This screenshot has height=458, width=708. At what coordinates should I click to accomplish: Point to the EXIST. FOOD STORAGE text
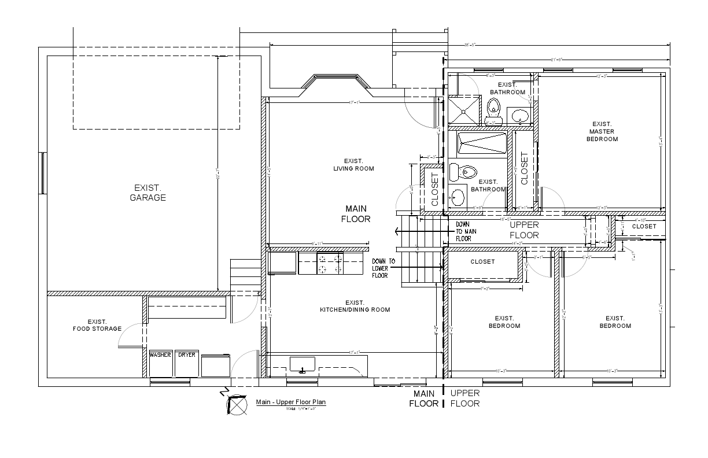97,326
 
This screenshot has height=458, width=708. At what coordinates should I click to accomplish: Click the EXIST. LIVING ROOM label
353,165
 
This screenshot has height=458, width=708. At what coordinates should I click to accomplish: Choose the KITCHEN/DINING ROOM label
355,306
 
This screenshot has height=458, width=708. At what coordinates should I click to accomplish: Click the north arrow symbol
235,405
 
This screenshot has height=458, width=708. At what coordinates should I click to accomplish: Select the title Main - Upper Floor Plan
291,402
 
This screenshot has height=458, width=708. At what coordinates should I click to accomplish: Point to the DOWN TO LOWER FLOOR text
384,268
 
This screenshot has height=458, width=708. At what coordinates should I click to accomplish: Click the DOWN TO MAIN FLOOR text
466,231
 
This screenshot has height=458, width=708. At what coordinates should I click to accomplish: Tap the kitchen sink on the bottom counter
302,365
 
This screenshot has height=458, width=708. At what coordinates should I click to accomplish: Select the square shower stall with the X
464,110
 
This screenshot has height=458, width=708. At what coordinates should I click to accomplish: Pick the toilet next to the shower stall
493,110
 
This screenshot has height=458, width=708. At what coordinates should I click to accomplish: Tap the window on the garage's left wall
42,173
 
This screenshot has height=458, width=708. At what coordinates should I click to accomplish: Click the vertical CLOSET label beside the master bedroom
524,168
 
